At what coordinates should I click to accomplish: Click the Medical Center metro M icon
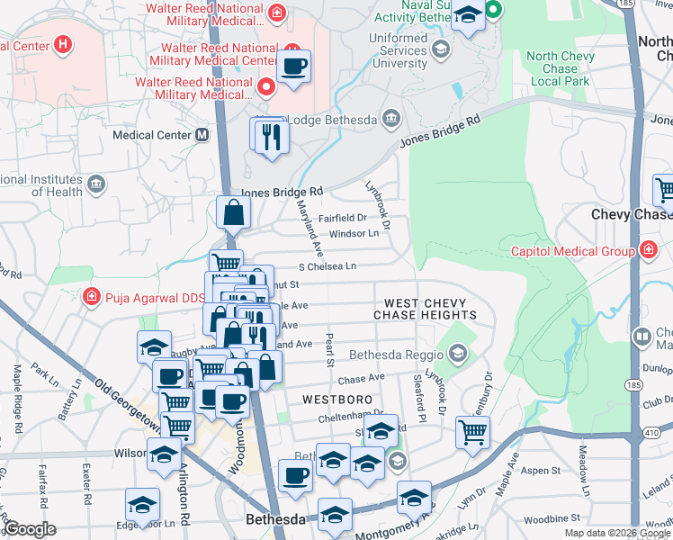pyautogui.click(x=202, y=135)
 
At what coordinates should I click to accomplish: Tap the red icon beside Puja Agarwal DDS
pyautogui.click(x=91, y=296)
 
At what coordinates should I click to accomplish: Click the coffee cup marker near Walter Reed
pyautogui.click(x=293, y=67)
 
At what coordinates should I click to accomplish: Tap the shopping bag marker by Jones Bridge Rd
pyautogui.click(x=233, y=213)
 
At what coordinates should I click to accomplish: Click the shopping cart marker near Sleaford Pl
pyautogui.click(x=471, y=432)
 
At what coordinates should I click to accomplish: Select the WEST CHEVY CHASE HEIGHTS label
pyautogui.click(x=430, y=309)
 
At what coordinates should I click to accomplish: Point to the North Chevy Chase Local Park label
pyautogui.click(x=564, y=68)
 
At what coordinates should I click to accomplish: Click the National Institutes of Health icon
pyautogui.click(x=96, y=185)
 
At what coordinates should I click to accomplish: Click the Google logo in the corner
pyautogui.click(x=30, y=529)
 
